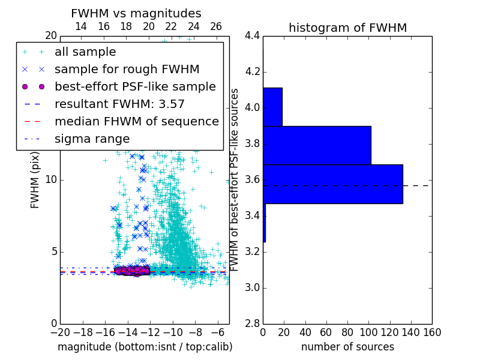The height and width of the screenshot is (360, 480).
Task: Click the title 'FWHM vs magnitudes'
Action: [136, 14]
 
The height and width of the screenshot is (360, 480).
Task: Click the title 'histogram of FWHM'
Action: [347, 28]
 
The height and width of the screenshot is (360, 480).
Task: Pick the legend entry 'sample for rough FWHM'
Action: [127, 70]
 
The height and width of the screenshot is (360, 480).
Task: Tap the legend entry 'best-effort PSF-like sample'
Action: [135, 86]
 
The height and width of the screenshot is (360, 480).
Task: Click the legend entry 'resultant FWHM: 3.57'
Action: [119, 104]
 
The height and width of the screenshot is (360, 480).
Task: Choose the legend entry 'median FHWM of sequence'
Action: [136, 121]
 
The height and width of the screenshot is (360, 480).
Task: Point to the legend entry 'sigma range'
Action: [92, 139]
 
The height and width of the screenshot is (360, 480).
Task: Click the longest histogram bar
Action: [332, 184]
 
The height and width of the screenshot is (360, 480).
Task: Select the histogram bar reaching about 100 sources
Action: [317, 145]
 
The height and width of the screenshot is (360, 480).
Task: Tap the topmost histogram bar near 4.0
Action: [272, 107]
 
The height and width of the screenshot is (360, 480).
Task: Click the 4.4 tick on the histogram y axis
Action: [252, 36]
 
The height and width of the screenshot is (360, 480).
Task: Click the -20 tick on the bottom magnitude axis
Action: [60, 332]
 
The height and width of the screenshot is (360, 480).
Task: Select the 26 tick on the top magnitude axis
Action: [216, 26]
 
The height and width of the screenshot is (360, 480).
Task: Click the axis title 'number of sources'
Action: [347, 347]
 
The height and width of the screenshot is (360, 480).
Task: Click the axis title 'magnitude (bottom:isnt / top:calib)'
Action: [145, 347]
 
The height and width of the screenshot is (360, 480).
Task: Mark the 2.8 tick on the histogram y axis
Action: [252, 324]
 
